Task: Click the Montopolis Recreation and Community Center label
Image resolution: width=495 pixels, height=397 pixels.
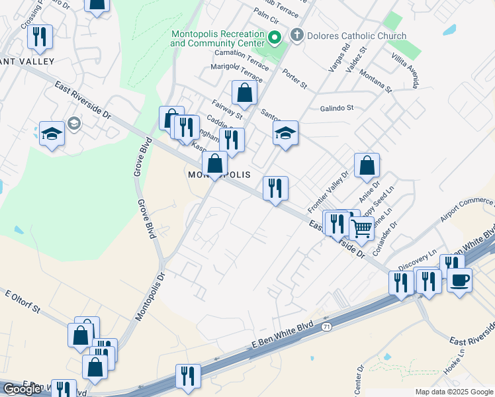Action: coord(218,38)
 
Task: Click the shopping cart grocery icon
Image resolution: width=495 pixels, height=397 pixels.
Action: coord(361,228)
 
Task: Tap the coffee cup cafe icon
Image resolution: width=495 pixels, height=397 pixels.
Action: coord(459,279)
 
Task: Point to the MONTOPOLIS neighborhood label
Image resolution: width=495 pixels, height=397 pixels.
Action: coord(218,174)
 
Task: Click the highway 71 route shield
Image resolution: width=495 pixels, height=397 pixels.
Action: coord(326,327)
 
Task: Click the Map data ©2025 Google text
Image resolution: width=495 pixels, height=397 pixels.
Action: coord(453,392)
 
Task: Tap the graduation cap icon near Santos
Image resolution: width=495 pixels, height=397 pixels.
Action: coord(286,133)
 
